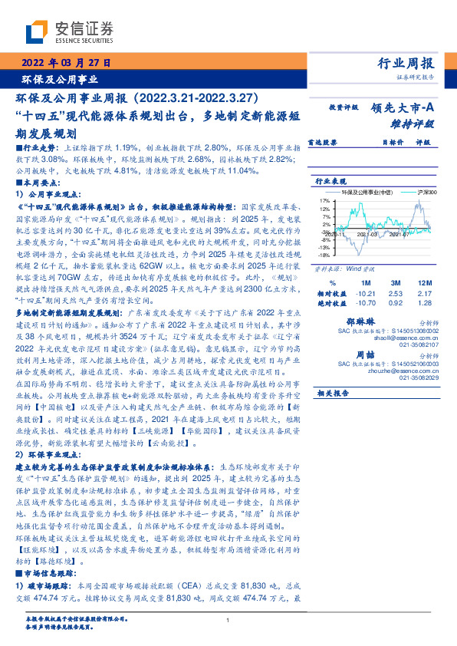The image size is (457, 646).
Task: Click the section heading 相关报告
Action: [333, 393]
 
